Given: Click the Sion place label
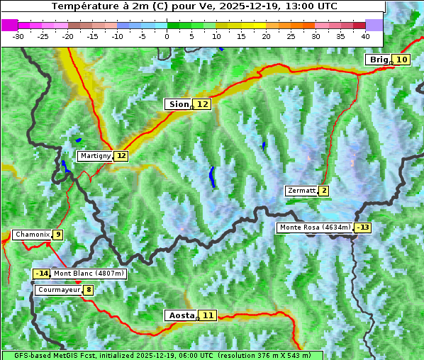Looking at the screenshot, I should (x=179, y=104).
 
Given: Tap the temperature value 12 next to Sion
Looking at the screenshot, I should (x=203, y=104).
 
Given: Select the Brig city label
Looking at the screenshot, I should (x=378, y=60).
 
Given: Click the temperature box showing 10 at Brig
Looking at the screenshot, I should (x=401, y=60).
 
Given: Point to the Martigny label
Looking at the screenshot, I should (x=95, y=156).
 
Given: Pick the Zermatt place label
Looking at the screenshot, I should (x=301, y=191).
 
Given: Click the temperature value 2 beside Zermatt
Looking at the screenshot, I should (x=324, y=191).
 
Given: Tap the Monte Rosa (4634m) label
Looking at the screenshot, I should (x=315, y=227).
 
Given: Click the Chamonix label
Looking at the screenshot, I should (x=32, y=235).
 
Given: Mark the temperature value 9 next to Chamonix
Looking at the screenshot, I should (x=57, y=235).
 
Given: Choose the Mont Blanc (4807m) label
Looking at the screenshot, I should (x=89, y=274).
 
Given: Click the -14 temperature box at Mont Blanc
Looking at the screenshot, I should (x=42, y=274).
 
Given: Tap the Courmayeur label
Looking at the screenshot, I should (x=58, y=290).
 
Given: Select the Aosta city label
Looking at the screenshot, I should (x=180, y=315).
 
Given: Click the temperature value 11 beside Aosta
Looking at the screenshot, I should (x=207, y=315).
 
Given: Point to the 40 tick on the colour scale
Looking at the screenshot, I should (x=365, y=35).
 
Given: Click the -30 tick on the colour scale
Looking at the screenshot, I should (x=18, y=35).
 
